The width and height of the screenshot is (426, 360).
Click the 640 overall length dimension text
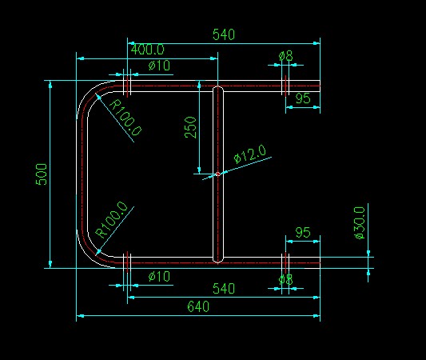198,306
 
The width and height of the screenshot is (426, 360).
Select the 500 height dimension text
42,174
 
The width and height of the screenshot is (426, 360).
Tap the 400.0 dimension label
148,50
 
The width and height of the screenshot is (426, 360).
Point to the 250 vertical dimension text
190,127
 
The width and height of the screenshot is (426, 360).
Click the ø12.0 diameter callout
250,154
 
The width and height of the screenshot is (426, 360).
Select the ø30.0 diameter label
359,222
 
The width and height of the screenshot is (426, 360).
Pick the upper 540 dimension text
224,34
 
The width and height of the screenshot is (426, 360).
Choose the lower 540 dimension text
224,289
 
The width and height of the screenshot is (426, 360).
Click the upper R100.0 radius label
125,118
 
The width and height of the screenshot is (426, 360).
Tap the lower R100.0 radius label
111,220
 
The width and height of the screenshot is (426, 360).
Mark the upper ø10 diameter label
159,66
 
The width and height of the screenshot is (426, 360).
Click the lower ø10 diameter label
159,277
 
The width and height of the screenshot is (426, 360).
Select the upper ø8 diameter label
286,56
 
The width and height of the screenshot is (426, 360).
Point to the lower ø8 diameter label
286,279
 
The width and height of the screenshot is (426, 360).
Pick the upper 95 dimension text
303,98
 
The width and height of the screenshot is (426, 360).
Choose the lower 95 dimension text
303,233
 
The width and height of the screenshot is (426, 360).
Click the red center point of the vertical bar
217,174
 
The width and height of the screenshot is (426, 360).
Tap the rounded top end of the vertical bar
217,86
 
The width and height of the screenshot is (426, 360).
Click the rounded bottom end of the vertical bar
217,262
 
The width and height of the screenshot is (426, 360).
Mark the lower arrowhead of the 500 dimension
50,264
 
